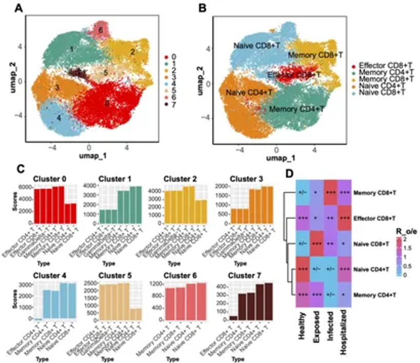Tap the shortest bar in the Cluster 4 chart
pos(38,319)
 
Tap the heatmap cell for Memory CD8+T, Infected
pos(330,192)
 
